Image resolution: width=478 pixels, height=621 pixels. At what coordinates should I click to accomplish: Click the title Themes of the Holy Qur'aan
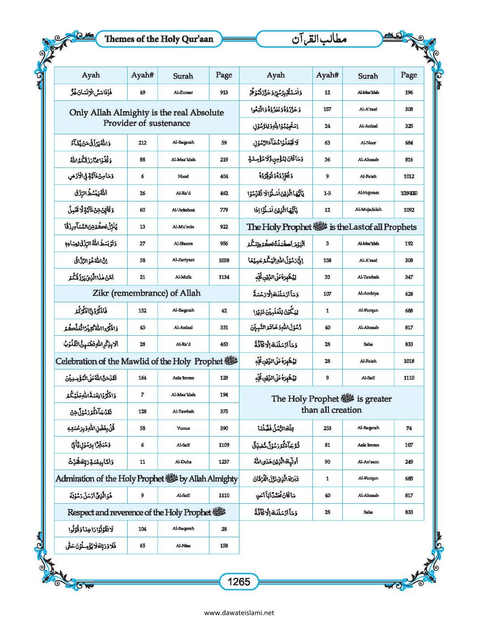(158, 39)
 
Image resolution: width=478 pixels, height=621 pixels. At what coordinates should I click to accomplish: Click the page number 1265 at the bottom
(239, 582)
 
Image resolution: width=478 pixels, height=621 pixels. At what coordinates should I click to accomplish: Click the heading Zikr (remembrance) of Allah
(146, 293)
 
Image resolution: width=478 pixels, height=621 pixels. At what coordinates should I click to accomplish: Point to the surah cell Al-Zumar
(183, 92)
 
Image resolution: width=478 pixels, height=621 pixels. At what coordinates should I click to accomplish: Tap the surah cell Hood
(183, 176)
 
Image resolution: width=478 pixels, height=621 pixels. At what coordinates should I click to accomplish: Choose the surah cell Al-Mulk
(183, 277)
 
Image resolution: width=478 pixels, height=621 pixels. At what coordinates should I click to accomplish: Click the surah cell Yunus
(183, 428)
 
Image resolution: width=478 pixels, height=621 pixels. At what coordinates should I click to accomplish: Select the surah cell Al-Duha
(183, 462)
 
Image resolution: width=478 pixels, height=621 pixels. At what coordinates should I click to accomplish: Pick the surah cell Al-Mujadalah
(368, 210)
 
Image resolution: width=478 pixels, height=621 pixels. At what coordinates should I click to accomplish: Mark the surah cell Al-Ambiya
(368, 294)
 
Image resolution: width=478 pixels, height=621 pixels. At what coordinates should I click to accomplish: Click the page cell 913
(224, 92)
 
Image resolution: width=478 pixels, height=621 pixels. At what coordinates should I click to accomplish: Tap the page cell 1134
(224, 277)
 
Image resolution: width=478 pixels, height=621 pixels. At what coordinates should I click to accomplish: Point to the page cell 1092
(409, 210)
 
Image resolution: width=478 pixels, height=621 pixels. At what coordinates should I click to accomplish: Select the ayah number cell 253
(327, 428)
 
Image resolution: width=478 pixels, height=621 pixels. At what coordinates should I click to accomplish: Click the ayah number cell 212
(142, 143)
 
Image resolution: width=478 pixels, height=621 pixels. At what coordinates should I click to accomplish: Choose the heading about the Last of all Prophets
(331, 227)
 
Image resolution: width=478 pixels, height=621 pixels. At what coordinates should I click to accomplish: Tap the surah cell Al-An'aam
(368, 462)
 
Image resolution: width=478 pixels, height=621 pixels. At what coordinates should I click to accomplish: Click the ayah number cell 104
(142, 529)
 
